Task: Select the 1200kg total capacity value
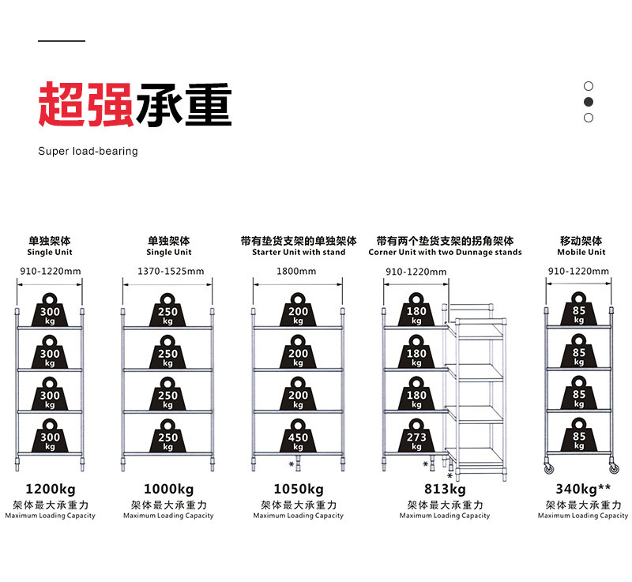[51, 489]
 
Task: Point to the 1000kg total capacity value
[168, 489]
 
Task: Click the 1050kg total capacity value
[299, 489]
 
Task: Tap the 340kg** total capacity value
[583, 489]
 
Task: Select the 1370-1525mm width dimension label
[171, 272]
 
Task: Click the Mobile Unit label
[581, 253]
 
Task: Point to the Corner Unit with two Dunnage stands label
[445, 253]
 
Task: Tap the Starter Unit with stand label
[299, 253]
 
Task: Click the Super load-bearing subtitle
[88, 151]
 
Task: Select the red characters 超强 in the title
[85, 105]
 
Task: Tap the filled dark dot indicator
[589, 102]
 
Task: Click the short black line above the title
[62, 40]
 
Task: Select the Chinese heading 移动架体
[581, 241]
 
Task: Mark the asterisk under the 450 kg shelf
[292, 463]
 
